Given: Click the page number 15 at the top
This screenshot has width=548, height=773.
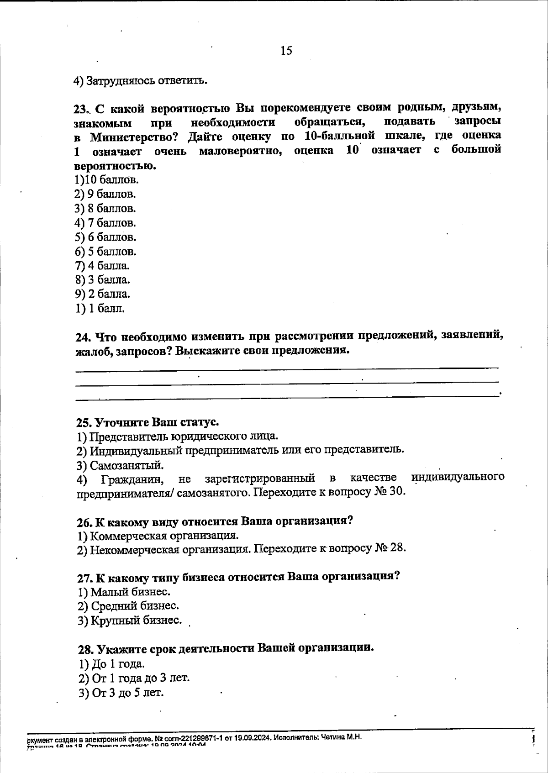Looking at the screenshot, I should [286, 51].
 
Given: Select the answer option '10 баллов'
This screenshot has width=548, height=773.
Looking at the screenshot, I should [106, 179].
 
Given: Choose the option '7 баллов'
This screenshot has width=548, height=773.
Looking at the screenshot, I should [105, 223].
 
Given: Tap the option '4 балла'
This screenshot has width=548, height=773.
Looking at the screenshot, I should [102, 265].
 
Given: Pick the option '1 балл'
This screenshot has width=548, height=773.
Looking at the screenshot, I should [100, 308].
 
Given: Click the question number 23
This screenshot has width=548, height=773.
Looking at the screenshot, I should [81, 109].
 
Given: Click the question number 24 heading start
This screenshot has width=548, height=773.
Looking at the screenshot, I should [82, 337].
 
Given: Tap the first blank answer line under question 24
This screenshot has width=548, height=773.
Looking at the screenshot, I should [286, 368].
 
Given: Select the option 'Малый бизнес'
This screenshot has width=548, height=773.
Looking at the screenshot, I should [124, 592].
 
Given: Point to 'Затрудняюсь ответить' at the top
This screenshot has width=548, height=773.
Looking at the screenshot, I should [141, 81].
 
